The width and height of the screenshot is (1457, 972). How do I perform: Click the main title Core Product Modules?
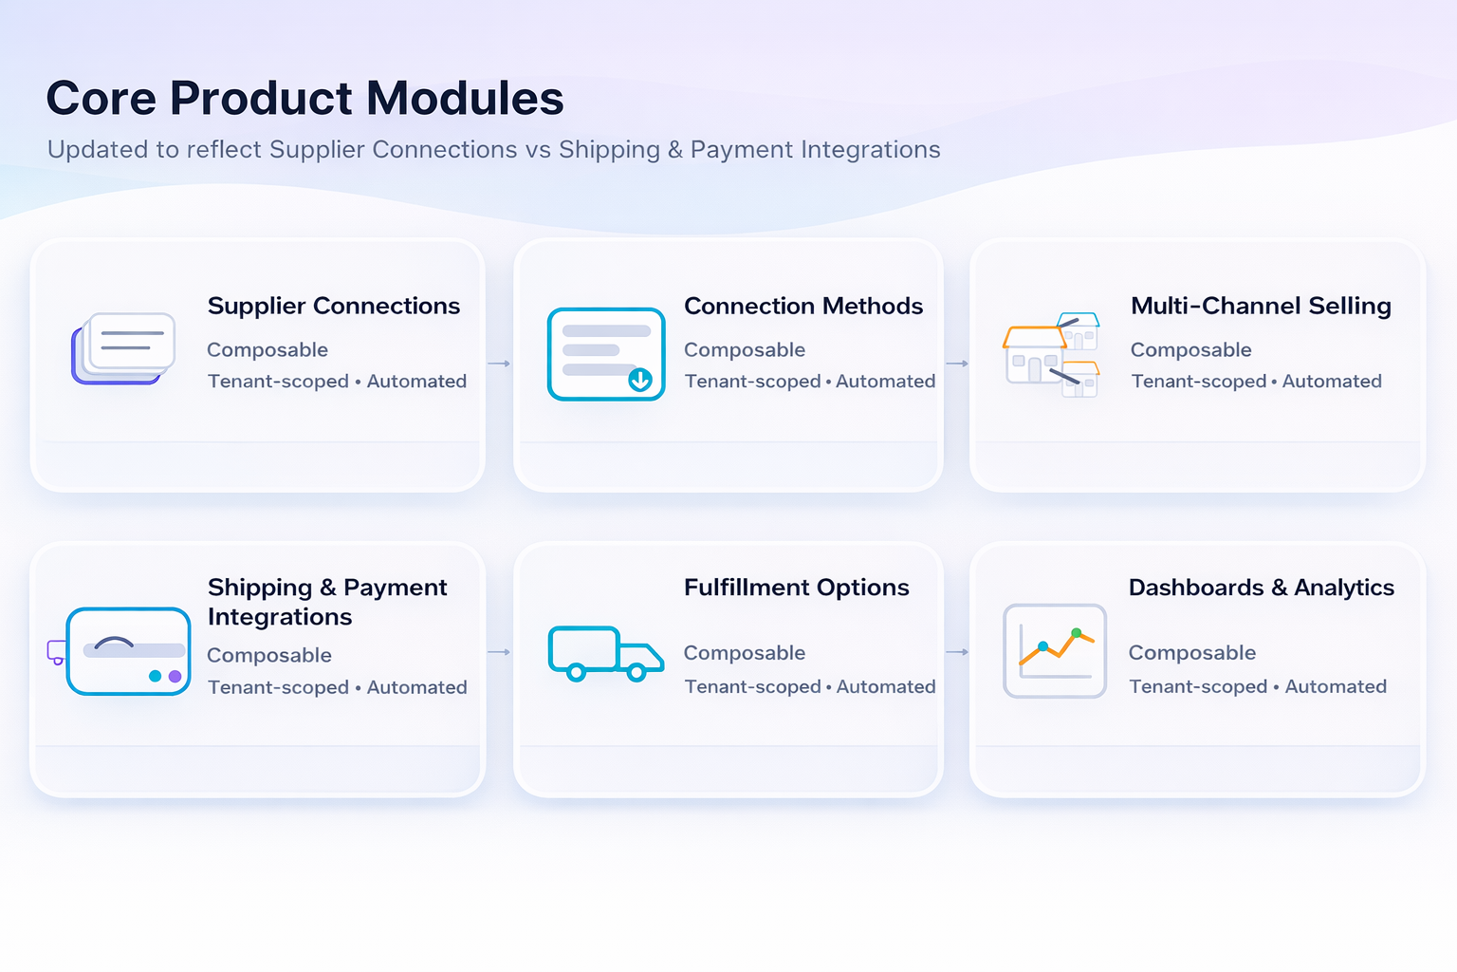304,99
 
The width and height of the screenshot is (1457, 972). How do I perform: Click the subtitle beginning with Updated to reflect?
493,150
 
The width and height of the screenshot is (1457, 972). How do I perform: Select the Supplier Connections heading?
333,306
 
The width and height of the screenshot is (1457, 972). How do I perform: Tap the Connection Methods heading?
802,306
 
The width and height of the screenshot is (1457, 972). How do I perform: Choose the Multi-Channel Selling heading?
1260,306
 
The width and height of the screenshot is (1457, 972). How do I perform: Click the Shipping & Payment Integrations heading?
326,602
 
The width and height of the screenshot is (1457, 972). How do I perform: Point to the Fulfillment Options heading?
796,588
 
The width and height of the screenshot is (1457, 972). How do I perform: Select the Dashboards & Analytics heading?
1261,588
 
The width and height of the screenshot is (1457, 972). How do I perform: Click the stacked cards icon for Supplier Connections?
123,348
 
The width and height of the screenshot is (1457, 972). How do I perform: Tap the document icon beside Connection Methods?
605,354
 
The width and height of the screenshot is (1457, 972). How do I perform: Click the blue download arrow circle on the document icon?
640,381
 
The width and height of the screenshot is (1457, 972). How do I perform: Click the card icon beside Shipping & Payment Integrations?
128,651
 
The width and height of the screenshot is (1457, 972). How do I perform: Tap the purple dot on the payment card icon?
175,677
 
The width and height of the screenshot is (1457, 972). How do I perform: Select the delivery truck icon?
605,653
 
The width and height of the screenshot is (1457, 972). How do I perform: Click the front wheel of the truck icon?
636,673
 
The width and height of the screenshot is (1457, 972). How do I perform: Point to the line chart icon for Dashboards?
1055,651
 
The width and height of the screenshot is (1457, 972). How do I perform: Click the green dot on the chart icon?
1076,632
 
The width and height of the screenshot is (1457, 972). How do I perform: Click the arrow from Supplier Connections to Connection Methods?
499,364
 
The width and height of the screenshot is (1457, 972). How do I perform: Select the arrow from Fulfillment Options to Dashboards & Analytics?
957,652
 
